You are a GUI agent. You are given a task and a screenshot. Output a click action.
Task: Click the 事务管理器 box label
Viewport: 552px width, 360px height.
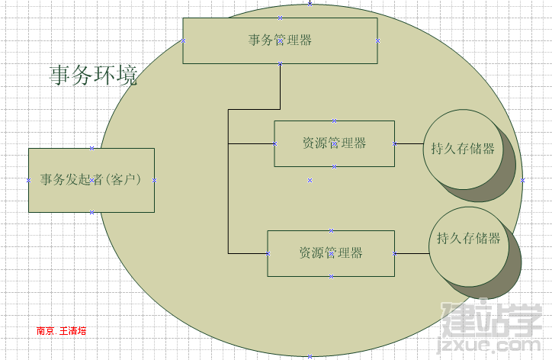click(x=280, y=40)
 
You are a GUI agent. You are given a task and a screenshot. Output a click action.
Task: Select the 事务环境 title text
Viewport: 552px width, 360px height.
click(x=93, y=75)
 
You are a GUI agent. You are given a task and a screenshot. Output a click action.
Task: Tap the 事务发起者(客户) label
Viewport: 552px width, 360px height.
click(x=91, y=180)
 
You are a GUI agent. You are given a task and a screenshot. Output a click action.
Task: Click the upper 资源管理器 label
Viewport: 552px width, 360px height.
click(x=334, y=143)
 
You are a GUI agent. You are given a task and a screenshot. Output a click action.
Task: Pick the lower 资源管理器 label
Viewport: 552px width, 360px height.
click(x=331, y=253)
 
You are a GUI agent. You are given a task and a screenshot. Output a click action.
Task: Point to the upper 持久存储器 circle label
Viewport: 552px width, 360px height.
click(x=463, y=149)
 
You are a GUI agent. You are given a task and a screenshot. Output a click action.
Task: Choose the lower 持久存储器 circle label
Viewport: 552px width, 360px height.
click(x=469, y=239)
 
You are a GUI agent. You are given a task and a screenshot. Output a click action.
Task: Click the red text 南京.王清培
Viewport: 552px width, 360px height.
click(x=61, y=331)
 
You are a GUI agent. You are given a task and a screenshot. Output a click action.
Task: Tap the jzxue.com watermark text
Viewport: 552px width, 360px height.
click(x=489, y=345)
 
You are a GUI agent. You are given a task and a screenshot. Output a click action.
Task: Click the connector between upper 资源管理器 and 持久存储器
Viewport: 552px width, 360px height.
click(x=409, y=143)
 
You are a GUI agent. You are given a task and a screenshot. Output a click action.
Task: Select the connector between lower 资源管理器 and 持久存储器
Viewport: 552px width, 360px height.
click(x=412, y=254)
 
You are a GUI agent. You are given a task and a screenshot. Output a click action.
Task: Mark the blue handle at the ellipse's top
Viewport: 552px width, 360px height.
click(x=310, y=4)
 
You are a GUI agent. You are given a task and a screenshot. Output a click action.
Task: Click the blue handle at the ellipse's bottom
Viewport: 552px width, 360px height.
click(x=310, y=356)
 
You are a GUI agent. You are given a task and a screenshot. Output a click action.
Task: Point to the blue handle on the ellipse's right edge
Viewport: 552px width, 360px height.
click(x=522, y=180)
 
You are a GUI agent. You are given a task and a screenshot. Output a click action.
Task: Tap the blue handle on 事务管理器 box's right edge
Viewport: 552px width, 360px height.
click(x=377, y=41)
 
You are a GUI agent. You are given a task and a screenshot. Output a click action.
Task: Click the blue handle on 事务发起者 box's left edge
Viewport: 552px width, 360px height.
click(x=28, y=180)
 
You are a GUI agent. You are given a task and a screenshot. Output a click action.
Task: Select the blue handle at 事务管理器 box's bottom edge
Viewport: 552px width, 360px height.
click(x=281, y=64)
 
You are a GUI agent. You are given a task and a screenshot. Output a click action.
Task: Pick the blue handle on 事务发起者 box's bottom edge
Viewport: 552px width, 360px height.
click(x=91, y=212)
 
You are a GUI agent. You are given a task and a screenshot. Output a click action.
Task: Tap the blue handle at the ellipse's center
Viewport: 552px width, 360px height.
click(x=310, y=180)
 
